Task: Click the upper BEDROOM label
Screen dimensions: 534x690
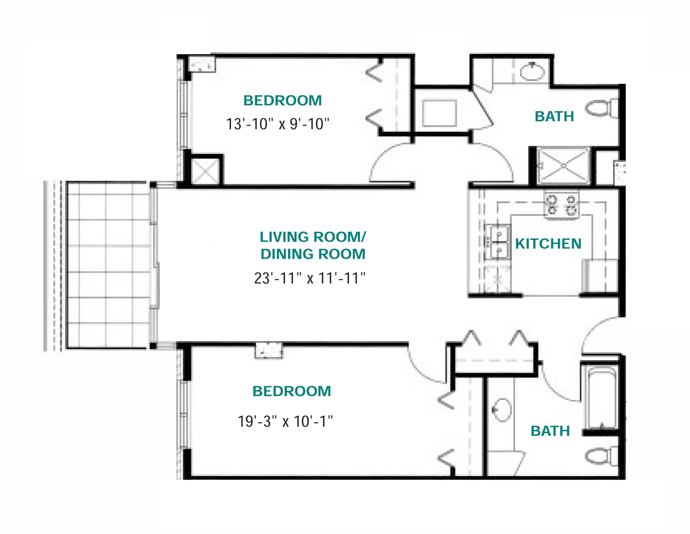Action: click(x=282, y=100)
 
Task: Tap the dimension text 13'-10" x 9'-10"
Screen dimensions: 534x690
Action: click(x=277, y=124)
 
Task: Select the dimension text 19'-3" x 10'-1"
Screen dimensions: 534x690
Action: click(x=285, y=421)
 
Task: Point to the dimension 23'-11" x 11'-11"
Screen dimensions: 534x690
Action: click(x=309, y=278)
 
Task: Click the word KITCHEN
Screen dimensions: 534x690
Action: click(x=548, y=244)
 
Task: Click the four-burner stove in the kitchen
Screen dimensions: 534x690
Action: click(x=561, y=205)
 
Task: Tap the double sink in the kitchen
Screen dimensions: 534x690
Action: click(x=498, y=242)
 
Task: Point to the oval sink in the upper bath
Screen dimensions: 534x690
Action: click(x=533, y=71)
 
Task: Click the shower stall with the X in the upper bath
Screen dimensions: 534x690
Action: click(x=563, y=166)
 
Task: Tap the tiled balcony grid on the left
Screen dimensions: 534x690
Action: click(x=108, y=265)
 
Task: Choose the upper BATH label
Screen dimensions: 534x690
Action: click(x=554, y=117)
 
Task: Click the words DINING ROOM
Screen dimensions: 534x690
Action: click(x=313, y=254)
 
